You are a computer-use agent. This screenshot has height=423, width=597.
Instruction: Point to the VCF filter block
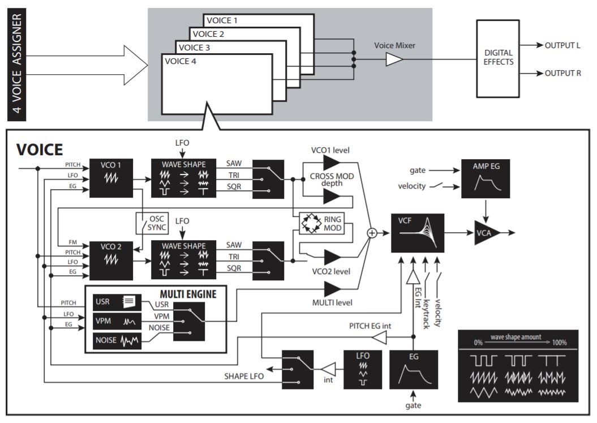pos(418,232)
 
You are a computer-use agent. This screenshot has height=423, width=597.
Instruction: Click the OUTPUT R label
pos(562,74)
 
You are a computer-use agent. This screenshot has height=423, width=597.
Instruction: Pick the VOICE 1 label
pos(222,20)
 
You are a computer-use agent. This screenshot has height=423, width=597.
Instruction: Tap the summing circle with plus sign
pos(372,232)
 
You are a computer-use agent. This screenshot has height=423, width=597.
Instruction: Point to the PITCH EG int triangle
pos(380,338)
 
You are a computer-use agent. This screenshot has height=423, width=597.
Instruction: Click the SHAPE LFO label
pos(244,377)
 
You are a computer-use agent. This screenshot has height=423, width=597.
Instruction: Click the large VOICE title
pos(40,149)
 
